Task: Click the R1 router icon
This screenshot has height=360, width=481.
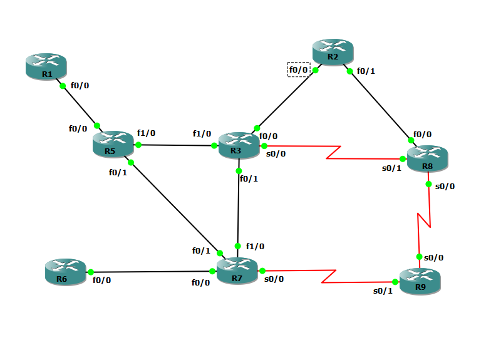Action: (46, 66)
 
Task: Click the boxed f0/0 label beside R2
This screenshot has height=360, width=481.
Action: (299, 69)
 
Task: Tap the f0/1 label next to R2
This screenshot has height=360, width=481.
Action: (366, 71)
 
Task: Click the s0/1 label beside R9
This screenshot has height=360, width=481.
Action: (383, 291)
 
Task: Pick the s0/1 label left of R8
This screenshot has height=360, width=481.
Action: (391, 168)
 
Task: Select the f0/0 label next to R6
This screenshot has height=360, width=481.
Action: (101, 280)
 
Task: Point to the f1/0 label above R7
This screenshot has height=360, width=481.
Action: (255, 246)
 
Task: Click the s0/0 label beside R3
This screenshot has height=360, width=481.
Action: (275, 153)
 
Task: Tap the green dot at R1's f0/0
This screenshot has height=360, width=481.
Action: (63, 86)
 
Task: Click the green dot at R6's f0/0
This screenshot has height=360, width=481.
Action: (90, 272)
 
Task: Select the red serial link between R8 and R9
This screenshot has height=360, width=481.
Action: (424, 219)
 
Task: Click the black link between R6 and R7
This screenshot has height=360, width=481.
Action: (150, 272)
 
